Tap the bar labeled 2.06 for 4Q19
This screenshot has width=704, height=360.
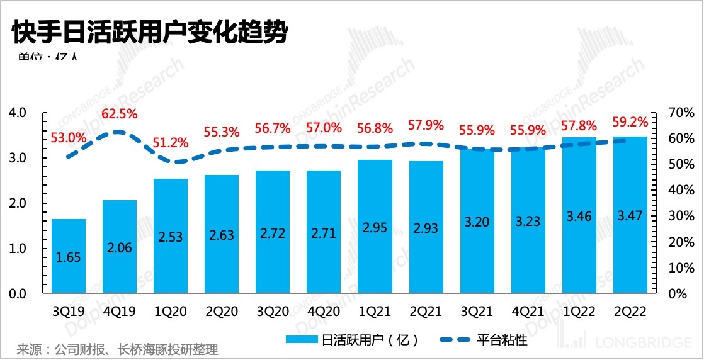(x=120, y=247)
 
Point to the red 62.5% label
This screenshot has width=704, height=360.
(x=120, y=114)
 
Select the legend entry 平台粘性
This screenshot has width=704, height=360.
(x=492, y=340)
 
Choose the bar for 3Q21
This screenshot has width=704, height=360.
(x=477, y=222)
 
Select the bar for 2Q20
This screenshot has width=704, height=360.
(x=222, y=234)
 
